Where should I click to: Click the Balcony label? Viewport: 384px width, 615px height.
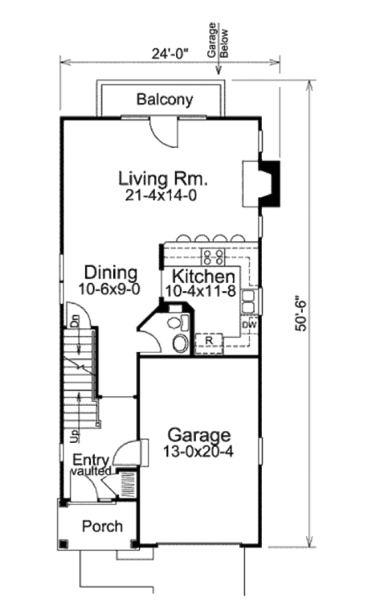(164, 100)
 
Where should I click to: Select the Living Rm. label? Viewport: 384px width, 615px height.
(163, 179)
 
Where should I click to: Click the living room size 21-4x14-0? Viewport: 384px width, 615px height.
(161, 196)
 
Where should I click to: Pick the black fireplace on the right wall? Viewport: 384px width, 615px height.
(270, 183)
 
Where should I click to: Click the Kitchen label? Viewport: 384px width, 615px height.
(204, 276)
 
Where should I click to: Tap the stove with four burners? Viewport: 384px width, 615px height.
(213, 257)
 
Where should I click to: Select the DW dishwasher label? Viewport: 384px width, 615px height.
(250, 324)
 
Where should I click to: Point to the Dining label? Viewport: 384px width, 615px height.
(111, 272)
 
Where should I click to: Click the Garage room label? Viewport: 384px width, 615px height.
(199, 435)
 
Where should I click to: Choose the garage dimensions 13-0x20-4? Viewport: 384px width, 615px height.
(198, 452)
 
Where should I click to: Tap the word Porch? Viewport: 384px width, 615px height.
(102, 526)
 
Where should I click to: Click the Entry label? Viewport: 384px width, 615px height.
(91, 460)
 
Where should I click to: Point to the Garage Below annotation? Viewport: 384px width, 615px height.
(218, 40)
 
